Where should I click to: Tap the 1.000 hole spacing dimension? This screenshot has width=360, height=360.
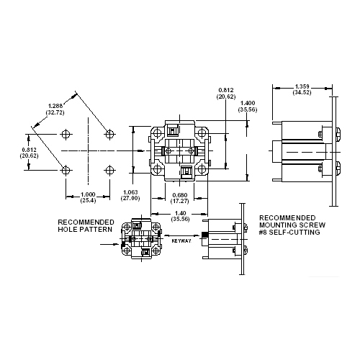point(88,194)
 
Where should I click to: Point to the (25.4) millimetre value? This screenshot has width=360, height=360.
point(88,202)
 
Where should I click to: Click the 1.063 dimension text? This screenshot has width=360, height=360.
point(131,192)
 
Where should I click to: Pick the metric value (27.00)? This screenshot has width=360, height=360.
point(131,198)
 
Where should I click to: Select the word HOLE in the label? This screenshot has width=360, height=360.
point(69,229)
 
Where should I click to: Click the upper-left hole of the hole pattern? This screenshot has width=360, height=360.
point(66,134)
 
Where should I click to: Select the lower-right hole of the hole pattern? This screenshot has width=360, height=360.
point(109,170)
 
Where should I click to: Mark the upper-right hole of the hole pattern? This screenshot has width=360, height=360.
point(109,134)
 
